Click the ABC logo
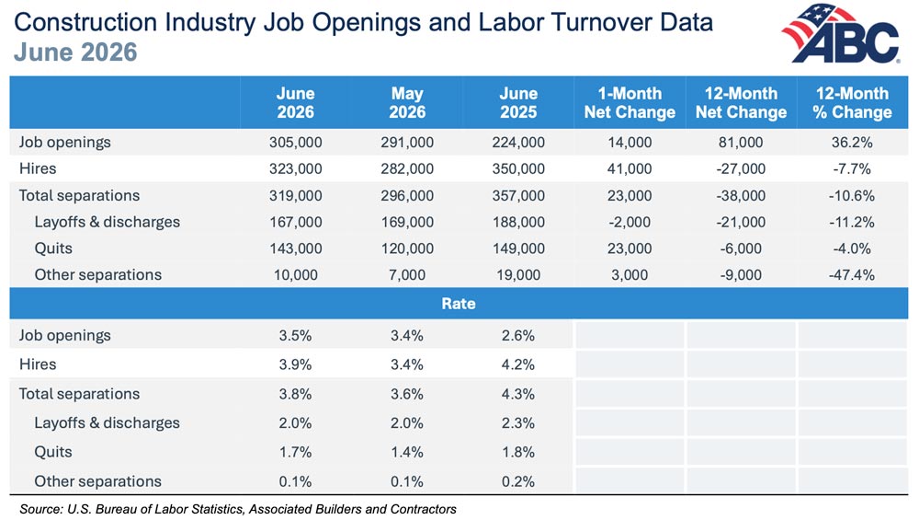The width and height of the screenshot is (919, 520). pyautogui.click(x=842, y=33)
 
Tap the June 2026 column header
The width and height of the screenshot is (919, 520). pyautogui.click(x=295, y=103)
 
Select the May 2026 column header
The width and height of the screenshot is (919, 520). pyautogui.click(x=407, y=103)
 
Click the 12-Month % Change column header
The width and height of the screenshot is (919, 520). pyautogui.click(x=852, y=103)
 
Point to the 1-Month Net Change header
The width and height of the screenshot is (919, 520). pyautogui.click(x=630, y=103)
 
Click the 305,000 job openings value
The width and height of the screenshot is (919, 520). pyautogui.click(x=295, y=143)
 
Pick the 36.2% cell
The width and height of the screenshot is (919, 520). pyautogui.click(x=852, y=143)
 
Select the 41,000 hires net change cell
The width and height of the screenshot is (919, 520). pyautogui.click(x=630, y=169)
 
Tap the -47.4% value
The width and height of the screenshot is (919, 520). pyautogui.click(x=852, y=274)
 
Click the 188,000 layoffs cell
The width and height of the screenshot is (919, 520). pyautogui.click(x=518, y=222)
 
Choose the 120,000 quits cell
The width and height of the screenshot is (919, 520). pyautogui.click(x=407, y=248)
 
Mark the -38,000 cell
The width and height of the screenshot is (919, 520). pyautogui.click(x=741, y=195)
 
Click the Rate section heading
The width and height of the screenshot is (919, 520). pyautogui.click(x=459, y=304)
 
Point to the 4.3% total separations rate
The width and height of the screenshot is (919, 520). pyautogui.click(x=518, y=394)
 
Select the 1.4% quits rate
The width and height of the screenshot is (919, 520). pyautogui.click(x=407, y=452)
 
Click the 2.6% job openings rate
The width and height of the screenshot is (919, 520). pyautogui.click(x=518, y=336)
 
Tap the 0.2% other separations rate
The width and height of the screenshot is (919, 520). pyautogui.click(x=518, y=481)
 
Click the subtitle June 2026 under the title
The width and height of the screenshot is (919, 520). pyautogui.click(x=75, y=52)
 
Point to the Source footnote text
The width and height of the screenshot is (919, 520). pyautogui.click(x=238, y=509)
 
